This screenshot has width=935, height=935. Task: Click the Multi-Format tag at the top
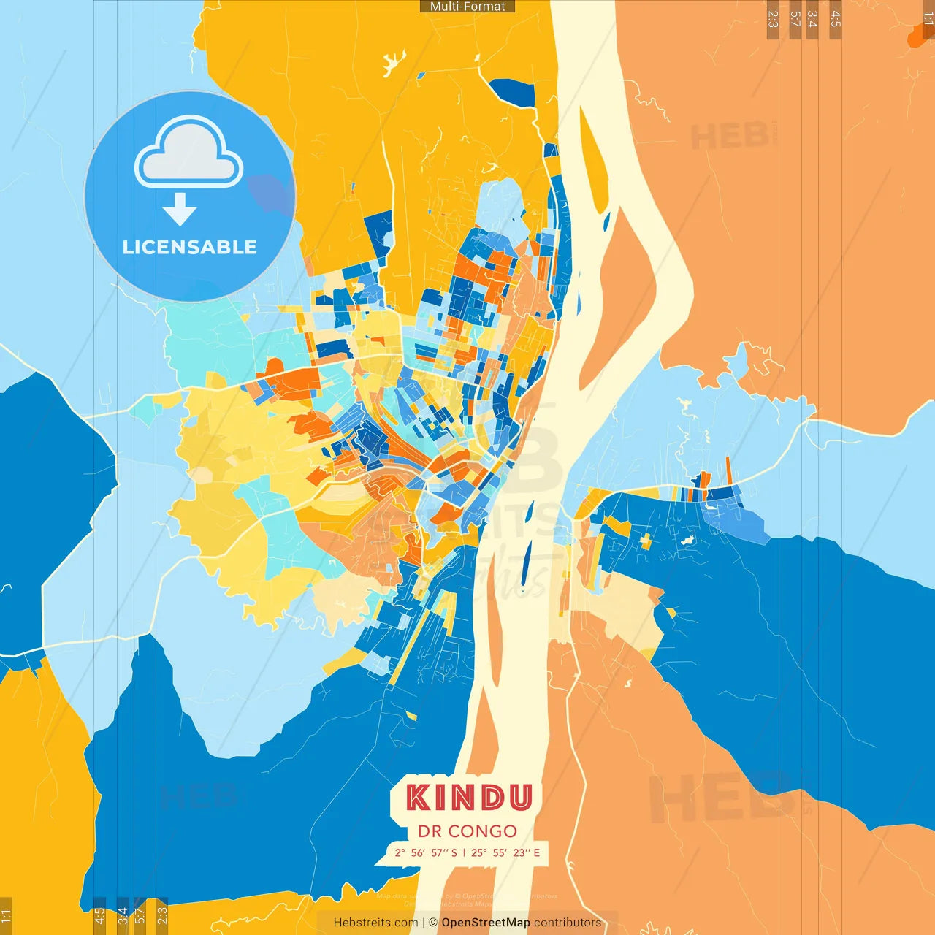coord(467,7)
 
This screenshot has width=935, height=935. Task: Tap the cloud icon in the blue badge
coord(188,153)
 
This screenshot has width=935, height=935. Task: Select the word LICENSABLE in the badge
coord(189,247)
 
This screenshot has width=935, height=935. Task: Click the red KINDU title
coord(468,798)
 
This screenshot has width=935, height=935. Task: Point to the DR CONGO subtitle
coord(467,831)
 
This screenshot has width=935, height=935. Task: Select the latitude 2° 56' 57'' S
coord(426,852)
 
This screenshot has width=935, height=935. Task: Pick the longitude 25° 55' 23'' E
coord(505,852)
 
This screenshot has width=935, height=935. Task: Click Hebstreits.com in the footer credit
coord(375,923)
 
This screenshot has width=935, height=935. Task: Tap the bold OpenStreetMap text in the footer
coord(486,923)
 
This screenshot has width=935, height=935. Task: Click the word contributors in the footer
coord(568,923)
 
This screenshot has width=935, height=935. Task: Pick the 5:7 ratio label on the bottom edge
coord(140,915)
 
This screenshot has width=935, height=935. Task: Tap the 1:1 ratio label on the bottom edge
coord(6,916)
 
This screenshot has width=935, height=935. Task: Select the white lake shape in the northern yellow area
coord(394,61)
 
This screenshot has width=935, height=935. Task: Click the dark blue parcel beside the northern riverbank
coord(511,92)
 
